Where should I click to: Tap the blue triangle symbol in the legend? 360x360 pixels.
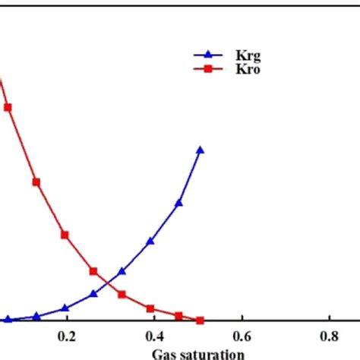coord(205,55)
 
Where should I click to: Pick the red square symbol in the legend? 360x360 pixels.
coord(205,70)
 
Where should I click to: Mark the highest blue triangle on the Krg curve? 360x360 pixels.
coord(201,150)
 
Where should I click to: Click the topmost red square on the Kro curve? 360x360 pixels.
coord(8,107)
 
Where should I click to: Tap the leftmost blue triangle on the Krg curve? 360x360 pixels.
coord(8,321)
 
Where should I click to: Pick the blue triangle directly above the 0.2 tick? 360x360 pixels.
coord(65,308)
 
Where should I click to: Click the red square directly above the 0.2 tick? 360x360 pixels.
coord(65,235)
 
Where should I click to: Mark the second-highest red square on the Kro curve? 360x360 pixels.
coord(36,182)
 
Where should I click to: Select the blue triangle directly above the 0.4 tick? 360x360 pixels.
coord(150,242)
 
